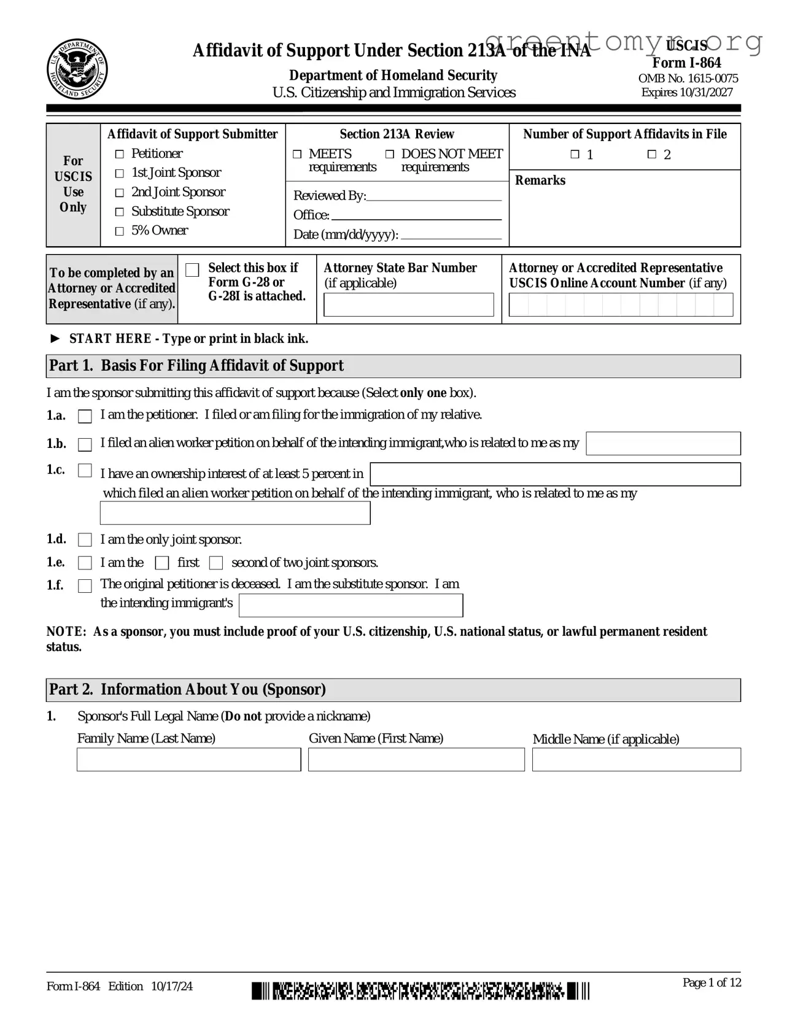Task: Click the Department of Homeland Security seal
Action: pos(77,69)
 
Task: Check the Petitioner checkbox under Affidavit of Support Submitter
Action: pos(120,154)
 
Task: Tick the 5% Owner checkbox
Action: pos(120,231)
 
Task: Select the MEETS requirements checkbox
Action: pos(297,154)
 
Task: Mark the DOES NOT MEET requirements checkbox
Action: pos(390,154)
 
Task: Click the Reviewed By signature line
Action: pos(433,196)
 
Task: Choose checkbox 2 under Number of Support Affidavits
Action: pos(652,155)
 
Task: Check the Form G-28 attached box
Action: pos(192,270)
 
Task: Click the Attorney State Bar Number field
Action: pos(408,305)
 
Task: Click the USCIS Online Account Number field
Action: pos(621,305)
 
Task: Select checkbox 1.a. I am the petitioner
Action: pos(85,417)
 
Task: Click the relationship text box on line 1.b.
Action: pos(663,444)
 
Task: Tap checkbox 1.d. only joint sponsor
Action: pos(85,540)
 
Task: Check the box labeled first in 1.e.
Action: pos(162,563)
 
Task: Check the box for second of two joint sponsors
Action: pos(216,563)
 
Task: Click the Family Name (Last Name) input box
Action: pos(188,760)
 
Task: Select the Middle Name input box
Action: pos(636,760)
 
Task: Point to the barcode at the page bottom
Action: pos(421,991)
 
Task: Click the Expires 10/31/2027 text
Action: pos(687,93)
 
